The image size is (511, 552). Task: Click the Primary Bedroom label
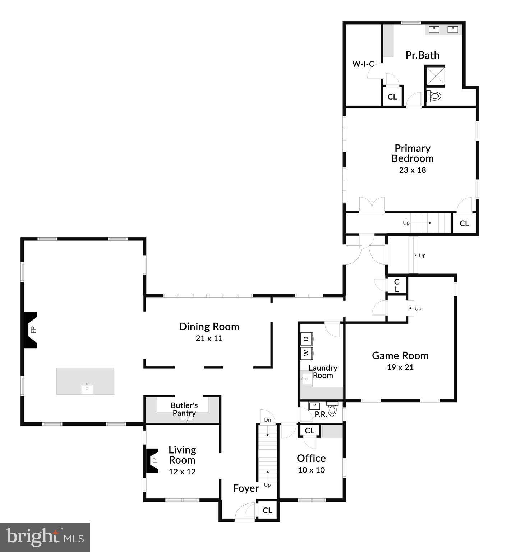pyautogui.click(x=412, y=153)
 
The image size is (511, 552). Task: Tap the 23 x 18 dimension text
pyautogui.click(x=412, y=170)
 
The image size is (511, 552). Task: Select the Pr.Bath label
pyautogui.click(x=422, y=55)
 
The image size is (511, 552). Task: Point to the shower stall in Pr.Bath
pyautogui.click(x=435, y=76)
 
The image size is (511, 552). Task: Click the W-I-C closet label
pyautogui.click(x=363, y=64)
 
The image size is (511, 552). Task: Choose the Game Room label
pyautogui.click(x=400, y=356)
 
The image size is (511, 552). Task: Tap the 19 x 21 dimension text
pyautogui.click(x=400, y=368)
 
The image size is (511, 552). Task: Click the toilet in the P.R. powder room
pyautogui.click(x=332, y=410)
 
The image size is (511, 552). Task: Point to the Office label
pyautogui.click(x=311, y=458)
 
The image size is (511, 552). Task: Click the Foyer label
pyautogui.click(x=246, y=488)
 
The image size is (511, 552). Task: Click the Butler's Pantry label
pyautogui.click(x=184, y=409)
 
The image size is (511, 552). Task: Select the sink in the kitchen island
pyautogui.click(x=87, y=388)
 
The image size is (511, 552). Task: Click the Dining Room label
pyautogui.click(x=209, y=327)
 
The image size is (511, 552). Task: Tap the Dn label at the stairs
pyautogui.click(x=267, y=420)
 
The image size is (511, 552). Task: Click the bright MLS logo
pyautogui.click(x=45, y=537)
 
